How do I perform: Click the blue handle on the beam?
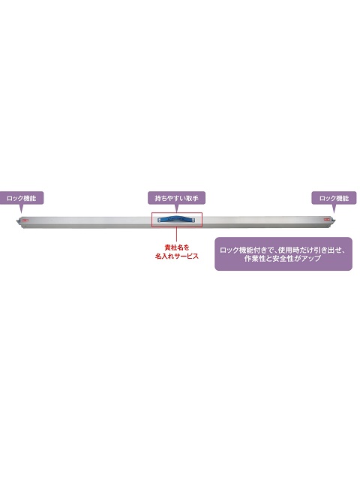point(177,219)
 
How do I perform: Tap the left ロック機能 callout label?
point(22,198)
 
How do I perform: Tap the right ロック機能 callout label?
point(334,198)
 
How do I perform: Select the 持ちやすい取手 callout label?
point(176,198)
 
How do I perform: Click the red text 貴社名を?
point(177,247)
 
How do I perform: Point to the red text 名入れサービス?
point(177,256)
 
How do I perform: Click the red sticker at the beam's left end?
point(24,219)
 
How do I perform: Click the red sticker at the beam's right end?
point(327,219)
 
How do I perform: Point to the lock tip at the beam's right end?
point(333,221)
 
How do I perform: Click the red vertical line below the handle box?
point(176,235)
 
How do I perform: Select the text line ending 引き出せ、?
point(283,250)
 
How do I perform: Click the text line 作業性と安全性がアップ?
point(283,258)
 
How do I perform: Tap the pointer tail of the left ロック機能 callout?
point(21,208)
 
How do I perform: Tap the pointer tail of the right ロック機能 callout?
point(334,208)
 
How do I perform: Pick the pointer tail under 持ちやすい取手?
point(177,208)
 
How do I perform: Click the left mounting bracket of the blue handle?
point(160,220)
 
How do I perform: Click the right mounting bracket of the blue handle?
point(193,220)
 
